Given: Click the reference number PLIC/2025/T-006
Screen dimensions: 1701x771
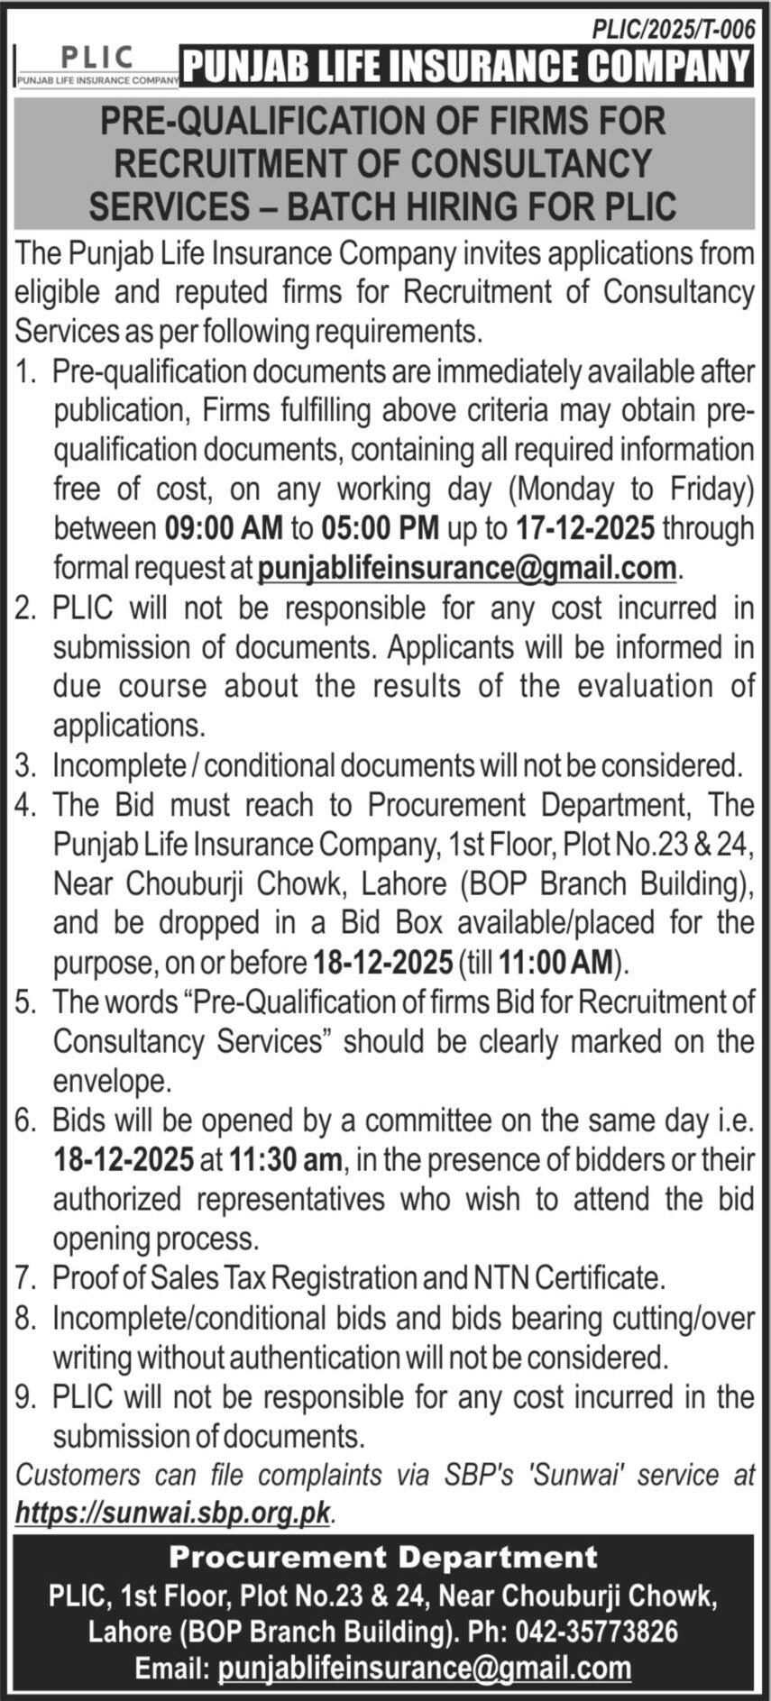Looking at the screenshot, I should (672, 30).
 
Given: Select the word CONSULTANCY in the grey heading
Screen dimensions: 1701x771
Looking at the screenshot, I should (530, 163).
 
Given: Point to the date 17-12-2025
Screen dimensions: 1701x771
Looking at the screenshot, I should (585, 527).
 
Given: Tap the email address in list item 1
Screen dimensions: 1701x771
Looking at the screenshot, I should (467, 568).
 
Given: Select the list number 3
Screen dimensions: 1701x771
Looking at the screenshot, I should (24, 765).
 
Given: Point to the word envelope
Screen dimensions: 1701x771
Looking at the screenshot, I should (112, 1081).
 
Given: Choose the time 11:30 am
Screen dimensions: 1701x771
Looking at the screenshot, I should (286, 1159).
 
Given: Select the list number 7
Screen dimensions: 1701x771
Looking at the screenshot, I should (24, 1277).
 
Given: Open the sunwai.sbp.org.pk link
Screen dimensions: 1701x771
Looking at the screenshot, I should (173, 1513).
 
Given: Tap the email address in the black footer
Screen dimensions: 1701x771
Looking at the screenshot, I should (425, 1668).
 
